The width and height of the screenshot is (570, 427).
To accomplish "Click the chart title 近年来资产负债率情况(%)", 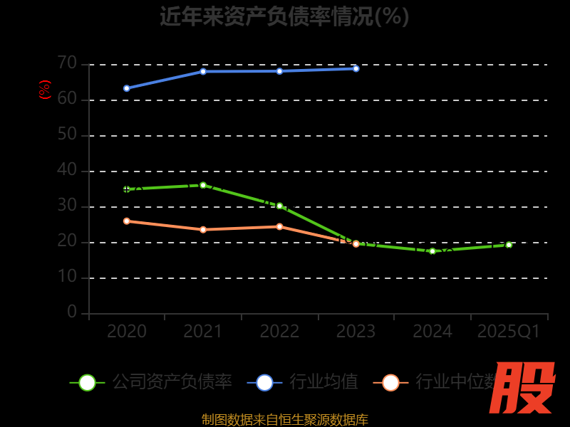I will (x=284, y=16).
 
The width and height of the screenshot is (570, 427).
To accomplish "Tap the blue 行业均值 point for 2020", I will (x=127, y=88).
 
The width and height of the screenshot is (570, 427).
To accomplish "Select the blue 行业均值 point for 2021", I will (x=203, y=71).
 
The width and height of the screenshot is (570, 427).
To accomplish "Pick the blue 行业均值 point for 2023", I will (x=356, y=68).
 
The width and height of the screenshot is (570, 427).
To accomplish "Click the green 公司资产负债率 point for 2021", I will (x=203, y=185).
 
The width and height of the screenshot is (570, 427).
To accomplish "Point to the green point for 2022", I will (x=279, y=206).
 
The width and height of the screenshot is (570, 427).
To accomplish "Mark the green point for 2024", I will (x=432, y=251).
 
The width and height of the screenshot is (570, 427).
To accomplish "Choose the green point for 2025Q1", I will (x=509, y=245).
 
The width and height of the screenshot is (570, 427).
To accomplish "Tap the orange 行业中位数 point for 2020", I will (x=127, y=221).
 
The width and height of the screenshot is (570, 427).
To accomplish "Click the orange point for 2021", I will (x=203, y=230).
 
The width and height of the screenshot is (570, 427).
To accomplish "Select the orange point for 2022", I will (x=279, y=227).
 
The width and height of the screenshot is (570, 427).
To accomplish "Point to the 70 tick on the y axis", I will (x=67, y=63).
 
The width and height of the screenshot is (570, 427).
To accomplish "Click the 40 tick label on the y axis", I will (x=67, y=170).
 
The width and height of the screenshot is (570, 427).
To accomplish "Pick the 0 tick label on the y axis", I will (x=72, y=312).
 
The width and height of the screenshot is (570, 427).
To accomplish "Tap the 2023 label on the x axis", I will (x=356, y=332).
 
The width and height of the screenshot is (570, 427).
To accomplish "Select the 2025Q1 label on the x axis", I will (x=509, y=332).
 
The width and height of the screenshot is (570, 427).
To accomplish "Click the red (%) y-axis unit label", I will (x=44, y=90).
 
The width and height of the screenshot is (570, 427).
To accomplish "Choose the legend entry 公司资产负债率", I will (x=152, y=382).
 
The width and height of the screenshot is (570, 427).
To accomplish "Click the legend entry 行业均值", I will (x=304, y=382).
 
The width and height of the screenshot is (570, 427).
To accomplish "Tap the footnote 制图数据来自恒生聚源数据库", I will (x=284, y=420).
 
